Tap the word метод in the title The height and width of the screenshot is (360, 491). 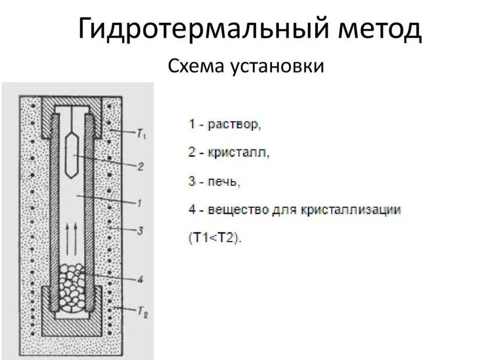point(378,30)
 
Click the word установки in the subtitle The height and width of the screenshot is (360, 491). point(277,68)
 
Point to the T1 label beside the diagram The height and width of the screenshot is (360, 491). point(142,135)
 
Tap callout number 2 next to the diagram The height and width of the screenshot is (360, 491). point(140,166)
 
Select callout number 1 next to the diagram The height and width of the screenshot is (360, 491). point(139,203)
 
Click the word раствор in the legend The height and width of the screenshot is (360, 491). point(234,125)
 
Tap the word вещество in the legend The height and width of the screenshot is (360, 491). point(235,210)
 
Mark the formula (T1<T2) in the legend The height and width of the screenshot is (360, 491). point(214,238)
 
